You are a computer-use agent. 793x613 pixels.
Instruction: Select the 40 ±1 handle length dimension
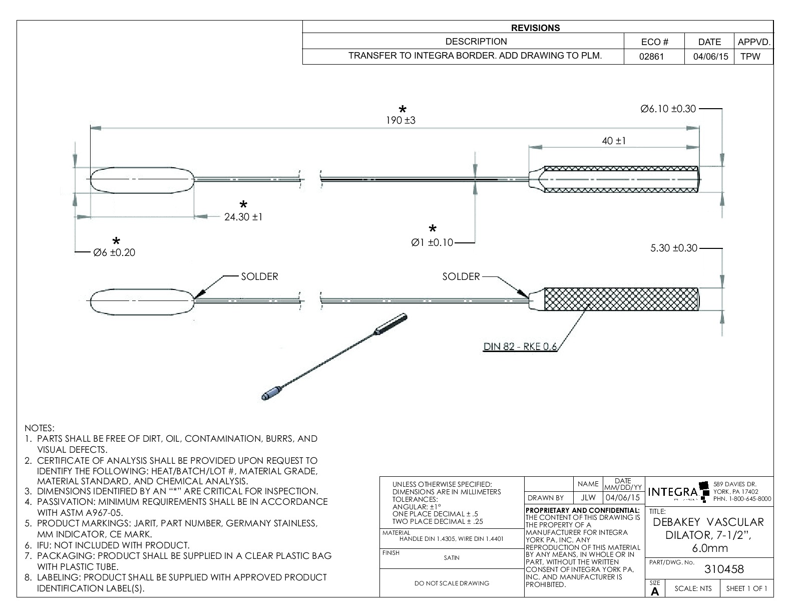coord(614,141)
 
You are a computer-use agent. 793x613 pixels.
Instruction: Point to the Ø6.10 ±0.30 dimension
coord(668,109)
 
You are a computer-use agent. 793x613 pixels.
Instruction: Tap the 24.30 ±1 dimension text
coord(244,217)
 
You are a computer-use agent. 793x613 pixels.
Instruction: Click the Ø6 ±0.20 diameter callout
coord(114,252)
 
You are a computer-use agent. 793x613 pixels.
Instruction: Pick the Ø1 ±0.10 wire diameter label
coord(432,243)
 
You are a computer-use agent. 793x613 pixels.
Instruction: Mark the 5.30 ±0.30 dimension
coord(673,248)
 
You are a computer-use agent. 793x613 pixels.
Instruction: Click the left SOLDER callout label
coord(259,276)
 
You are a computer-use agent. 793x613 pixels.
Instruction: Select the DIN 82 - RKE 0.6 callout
coord(520,347)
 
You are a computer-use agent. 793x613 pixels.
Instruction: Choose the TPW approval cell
coord(750,56)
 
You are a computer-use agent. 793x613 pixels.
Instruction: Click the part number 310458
coord(724,569)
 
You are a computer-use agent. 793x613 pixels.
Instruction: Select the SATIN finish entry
coord(451,557)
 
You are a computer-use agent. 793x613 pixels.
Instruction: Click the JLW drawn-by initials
coord(588,498)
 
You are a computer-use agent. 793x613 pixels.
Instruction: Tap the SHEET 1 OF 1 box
coord(746,588)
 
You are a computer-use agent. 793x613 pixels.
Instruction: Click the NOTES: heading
coord(40,428)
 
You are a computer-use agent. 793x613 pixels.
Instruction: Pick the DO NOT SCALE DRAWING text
coord(452,583)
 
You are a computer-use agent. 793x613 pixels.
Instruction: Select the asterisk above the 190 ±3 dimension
coord(402,109)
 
